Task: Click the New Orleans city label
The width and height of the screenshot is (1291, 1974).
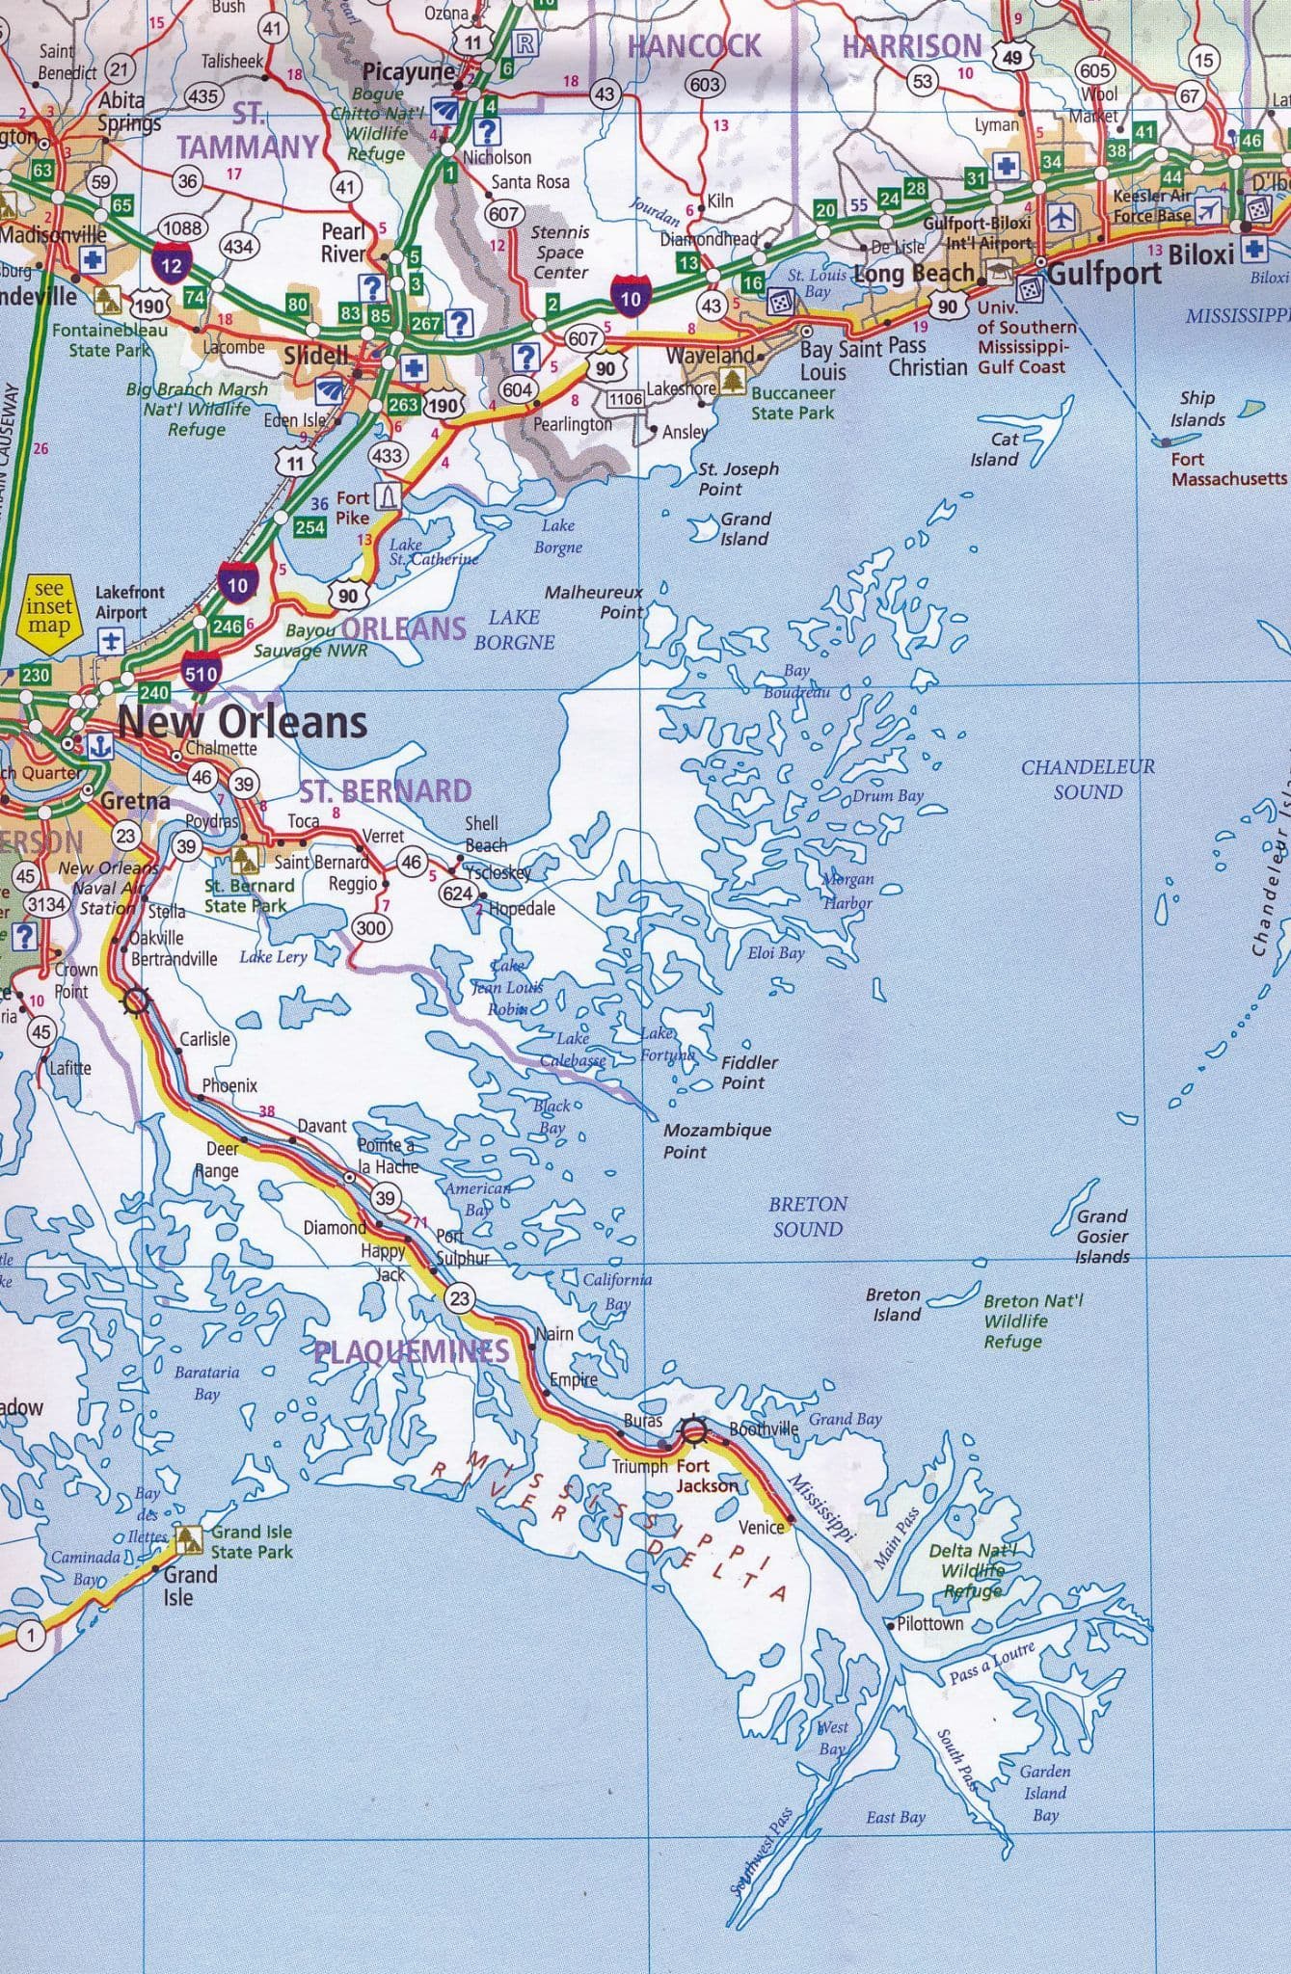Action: pyautogui.click(x=242, y=722)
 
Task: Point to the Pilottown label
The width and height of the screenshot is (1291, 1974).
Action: pyautogui.click(x=929, y=1623)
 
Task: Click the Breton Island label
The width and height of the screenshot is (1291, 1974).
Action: pyautogui.click(x=894, y=1304)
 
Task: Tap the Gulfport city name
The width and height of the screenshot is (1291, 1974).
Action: pyautogui.click(x=1104, y=273)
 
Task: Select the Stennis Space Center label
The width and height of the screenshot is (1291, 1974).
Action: pyautogui.click(x=560, y=253)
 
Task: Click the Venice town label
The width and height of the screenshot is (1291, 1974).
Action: pyautogui.click(x=761, y=1527)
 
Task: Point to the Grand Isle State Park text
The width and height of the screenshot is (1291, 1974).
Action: pyautogui.click(x=252, y=1541)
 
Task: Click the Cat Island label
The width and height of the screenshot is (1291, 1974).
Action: pyautogui.click(x=995, y=449)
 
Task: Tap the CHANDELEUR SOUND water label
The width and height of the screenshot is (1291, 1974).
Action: pyautogui.click(x=1088, y=779)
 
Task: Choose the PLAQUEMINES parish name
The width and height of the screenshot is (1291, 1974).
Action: pyautogui.click(x=412, y=1351)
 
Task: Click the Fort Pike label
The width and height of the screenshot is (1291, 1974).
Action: pyautogui.click(x=353, y=507)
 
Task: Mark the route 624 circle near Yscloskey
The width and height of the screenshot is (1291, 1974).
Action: pyautogui.click(x=457, y=893)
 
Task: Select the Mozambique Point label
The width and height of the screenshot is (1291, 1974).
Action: pyautogui.click(x=716, y=1140)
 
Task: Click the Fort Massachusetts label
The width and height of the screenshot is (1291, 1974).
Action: pyautogui.click(x=1228, y=468)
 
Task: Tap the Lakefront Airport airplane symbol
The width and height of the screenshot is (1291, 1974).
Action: pyautogui.click(x=112, y=641)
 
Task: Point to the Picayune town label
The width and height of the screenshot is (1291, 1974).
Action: pyautogui.click(x=409, y=72)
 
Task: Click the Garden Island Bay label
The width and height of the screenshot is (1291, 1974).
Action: pyautogui.click(x=1045, y=1793)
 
